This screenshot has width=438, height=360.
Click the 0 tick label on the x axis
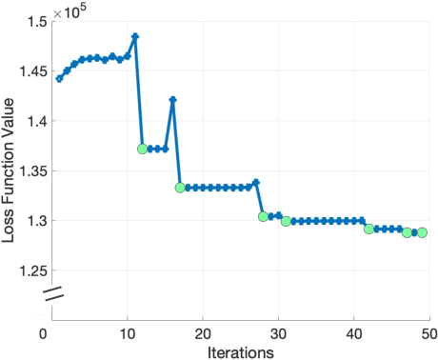point(44,332)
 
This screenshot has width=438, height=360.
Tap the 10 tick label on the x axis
point(126,332)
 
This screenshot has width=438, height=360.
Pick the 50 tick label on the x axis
point(428,332)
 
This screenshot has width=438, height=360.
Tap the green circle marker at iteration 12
point(143,149)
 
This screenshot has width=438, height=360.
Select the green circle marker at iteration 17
point(181,188)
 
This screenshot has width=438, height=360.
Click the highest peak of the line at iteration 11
point(135,36)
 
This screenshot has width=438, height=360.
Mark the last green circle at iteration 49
point(421,232)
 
